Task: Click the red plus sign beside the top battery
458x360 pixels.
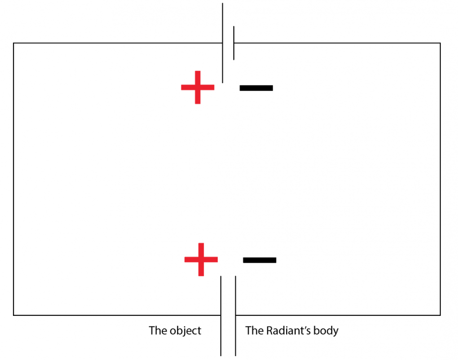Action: pos(198,87)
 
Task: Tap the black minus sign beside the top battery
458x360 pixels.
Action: pos(256,88)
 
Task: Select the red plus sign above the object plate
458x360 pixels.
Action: pos(201,259)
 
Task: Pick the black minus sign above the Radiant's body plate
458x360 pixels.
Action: pos(260,260)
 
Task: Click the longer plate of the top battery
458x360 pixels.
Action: pos(223,43)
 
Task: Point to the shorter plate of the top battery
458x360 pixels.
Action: pos(234,43)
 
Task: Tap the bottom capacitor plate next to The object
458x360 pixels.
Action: pos(221,316)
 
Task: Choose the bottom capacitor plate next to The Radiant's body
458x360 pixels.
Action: pos(235,316)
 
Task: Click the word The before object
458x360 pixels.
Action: pos(158,331)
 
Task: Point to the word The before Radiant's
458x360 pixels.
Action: pos(254,331)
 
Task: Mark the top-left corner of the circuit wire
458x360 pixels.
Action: pos(13,43)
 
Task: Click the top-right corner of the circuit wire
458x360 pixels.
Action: pos(440,43)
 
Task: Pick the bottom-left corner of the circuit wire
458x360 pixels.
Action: pos(13,315)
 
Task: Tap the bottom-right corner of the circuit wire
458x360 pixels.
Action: pos(440,315)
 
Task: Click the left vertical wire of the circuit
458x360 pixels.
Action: pos(13,179)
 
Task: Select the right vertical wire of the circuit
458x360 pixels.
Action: pos(440,179)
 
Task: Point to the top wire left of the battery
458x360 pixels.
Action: pos(118,43)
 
